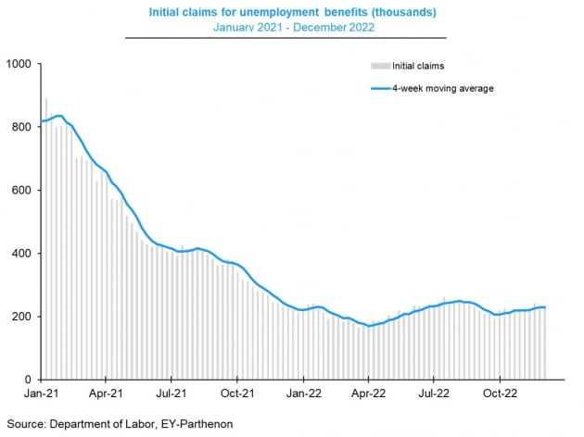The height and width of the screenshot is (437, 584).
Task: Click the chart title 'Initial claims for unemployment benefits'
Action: pos(293,11)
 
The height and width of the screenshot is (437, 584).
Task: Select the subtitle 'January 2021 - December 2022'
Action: pos(293,28)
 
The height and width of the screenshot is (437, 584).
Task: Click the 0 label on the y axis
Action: pos(29,380)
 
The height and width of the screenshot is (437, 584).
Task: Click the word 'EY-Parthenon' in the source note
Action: pos(204,423)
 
